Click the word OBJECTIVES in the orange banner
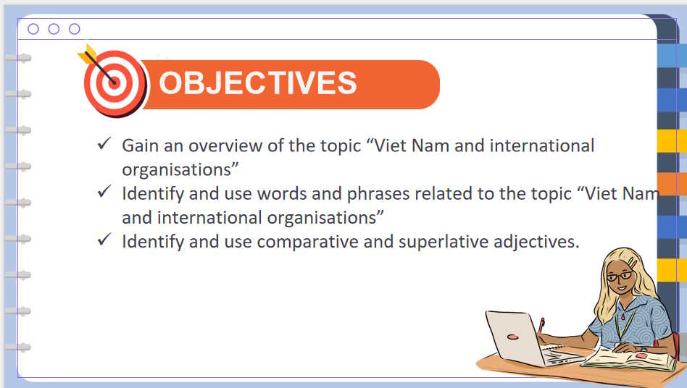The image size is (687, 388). click(x=257, y=83)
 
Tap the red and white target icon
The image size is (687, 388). click(x=114, y=82)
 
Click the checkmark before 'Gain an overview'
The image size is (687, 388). click(x=104, y=145)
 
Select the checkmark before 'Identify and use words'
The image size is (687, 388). click(x=104, y=193)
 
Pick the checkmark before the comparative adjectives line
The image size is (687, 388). click(x=104, y=240)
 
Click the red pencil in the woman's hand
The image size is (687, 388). click(x=541, y=324)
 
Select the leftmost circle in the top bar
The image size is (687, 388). click(x=33, y=29)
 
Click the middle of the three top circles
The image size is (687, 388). click(x=54, y=29)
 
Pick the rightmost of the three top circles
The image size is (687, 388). click(x=74, y=29)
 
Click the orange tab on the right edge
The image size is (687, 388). click(x=671, y=184)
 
